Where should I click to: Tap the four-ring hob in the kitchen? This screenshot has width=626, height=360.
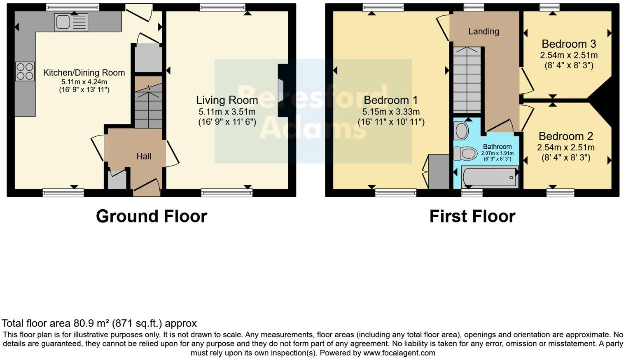(x=25, y=71)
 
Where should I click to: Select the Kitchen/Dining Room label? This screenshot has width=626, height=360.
(x=84, y=73)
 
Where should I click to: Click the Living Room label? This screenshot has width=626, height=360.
(x=227, y=100)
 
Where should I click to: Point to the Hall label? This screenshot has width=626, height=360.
(x=144, y=157)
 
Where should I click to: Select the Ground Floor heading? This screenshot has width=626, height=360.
(x=152, y=216)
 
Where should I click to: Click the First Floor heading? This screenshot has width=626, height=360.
(x=472, y=216)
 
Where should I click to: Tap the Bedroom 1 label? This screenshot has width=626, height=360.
(x=391, y=100)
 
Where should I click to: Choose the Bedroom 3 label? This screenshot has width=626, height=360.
(x=569, y=44)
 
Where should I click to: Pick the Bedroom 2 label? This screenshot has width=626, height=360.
(x=565, y=136)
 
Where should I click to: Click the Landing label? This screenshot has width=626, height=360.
(x=484, y=31)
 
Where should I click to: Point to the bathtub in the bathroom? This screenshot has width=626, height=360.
(x=490, y=178)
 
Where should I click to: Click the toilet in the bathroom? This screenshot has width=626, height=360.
(x=465, y=154)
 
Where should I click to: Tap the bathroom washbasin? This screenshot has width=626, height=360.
(x=461, y=131)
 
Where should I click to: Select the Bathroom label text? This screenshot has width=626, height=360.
(x=497, y=147)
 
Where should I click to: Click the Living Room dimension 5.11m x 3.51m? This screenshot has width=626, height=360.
(x=227, y=112)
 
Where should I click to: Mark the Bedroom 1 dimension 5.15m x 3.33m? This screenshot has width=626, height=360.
(x=391, y=112)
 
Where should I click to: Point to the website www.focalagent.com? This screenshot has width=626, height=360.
(x=399, y=353)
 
